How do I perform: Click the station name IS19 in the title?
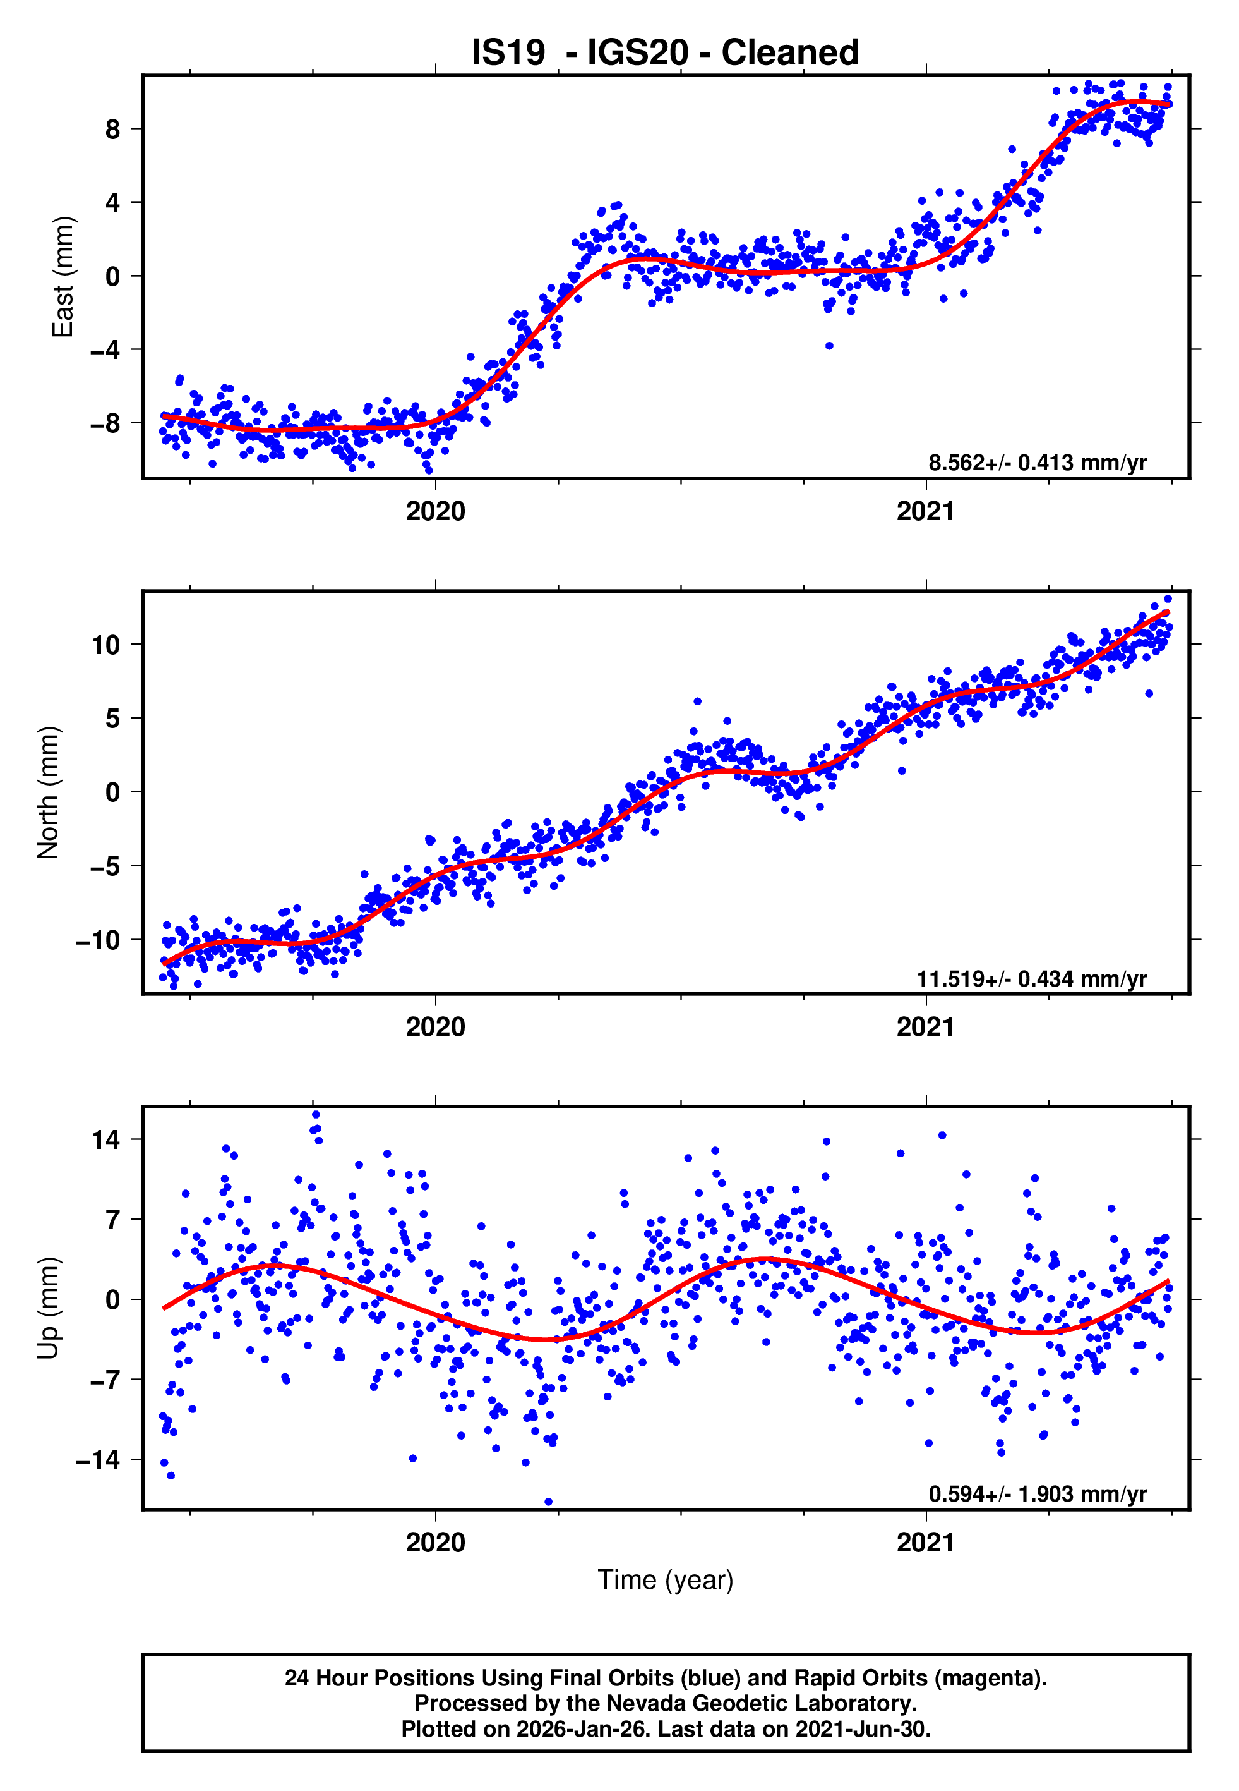coord(508,53)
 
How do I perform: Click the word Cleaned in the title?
coord(789,53)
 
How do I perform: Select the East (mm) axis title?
coord(62,277)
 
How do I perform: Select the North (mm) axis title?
coord(48,792)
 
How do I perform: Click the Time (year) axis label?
coord(666,1580)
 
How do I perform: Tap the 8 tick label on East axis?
coord(113,129)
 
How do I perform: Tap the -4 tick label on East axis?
coord(105,350)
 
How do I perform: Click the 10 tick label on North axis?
coord(106,645)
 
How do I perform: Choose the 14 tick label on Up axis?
coord(106,1140)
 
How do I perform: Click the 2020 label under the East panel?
coord(436,511)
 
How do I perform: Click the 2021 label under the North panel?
coord(925,1027)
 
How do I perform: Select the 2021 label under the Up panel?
coord(925,1543)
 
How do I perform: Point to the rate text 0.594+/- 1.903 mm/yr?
coord(1037,1495)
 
